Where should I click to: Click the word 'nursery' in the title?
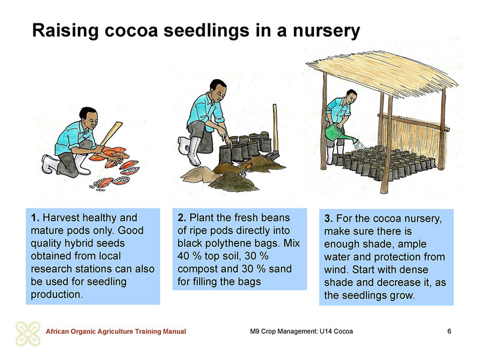(326, 31)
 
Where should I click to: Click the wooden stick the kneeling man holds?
(111, 134)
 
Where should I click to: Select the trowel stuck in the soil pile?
(245, 170)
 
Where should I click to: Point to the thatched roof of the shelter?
(382, 73)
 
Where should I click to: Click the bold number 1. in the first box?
(35, 218)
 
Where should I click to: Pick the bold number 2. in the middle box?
(182, 218)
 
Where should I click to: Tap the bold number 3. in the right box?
(328, 218)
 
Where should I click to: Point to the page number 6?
(449, 331)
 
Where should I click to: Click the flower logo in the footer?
(28, 334)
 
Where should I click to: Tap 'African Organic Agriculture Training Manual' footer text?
(116, 332)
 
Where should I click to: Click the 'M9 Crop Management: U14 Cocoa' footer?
(301, 332)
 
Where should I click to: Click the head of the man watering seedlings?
(351, 96)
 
